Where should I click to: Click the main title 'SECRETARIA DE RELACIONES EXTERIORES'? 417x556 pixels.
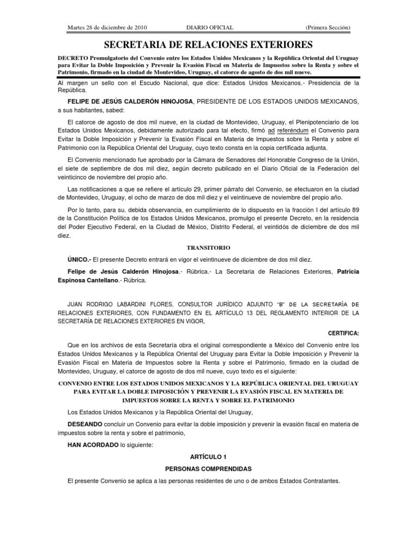click(x=208, y=44)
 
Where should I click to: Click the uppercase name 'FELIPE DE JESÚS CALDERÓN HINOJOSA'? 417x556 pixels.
click(x=130, y=102)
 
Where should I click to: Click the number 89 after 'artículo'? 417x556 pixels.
click(x=355, y=210)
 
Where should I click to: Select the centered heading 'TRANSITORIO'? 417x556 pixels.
click(x=208, y=247)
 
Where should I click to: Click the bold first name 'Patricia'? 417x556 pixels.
click(x=348, y=271)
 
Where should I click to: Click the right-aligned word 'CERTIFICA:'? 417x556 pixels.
click(x=344, y=332)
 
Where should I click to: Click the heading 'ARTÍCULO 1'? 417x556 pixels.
click(x=208, y=458)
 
